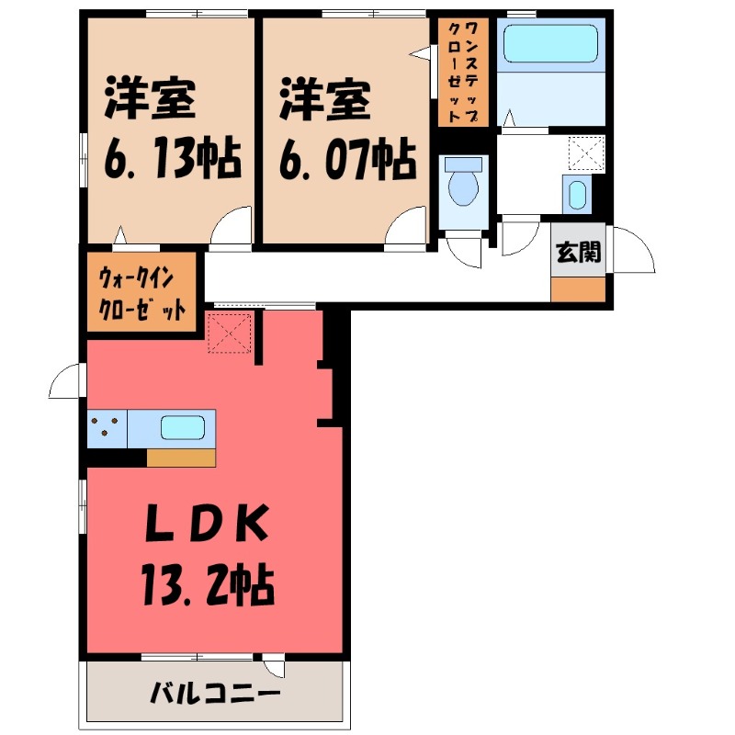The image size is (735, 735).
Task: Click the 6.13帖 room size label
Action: tap(172, 159)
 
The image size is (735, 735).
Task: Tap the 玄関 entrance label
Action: tap(579, 252)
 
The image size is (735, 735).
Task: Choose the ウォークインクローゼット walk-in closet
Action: tap(143, 291)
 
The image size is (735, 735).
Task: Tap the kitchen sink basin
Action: tap(183, 428)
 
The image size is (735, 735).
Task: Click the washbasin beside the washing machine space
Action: tap(576, 195)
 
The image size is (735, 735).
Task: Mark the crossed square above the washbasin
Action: tap(585, 153)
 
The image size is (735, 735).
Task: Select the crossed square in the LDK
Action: tap(230, 332)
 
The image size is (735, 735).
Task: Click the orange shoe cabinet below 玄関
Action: tap(579, 289)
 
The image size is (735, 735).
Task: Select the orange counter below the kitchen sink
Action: tap(181, 458)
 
